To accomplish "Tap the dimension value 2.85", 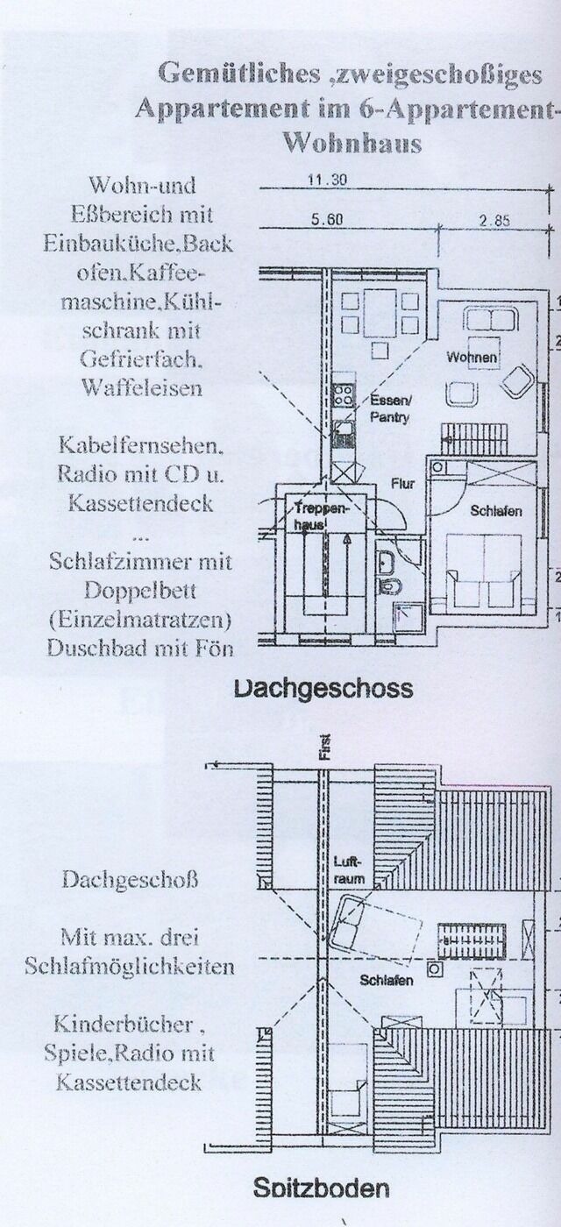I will tap(494, 221).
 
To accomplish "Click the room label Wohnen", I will tap(472, 358).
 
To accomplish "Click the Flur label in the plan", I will tap(404, 481).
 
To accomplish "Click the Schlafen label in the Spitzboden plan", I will tap(386, 981).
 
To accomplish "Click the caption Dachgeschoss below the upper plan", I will tap(323, 688).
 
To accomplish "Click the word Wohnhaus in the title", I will tap(352, 143).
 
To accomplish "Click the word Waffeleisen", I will tap(141, 387).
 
